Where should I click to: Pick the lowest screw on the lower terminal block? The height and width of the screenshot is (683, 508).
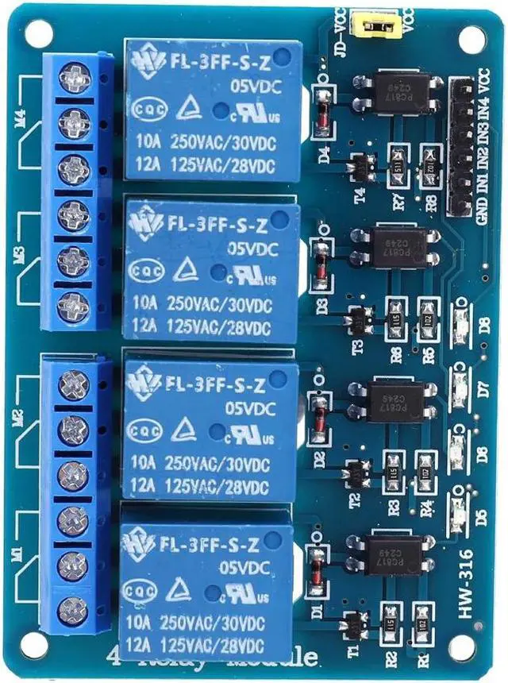(73, 610)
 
